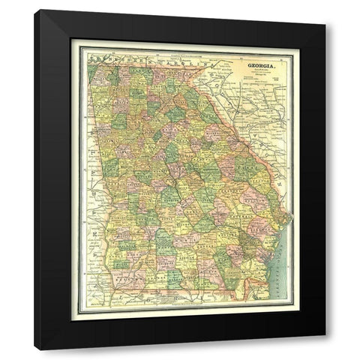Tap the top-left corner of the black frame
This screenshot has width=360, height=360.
pos(35,11)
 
